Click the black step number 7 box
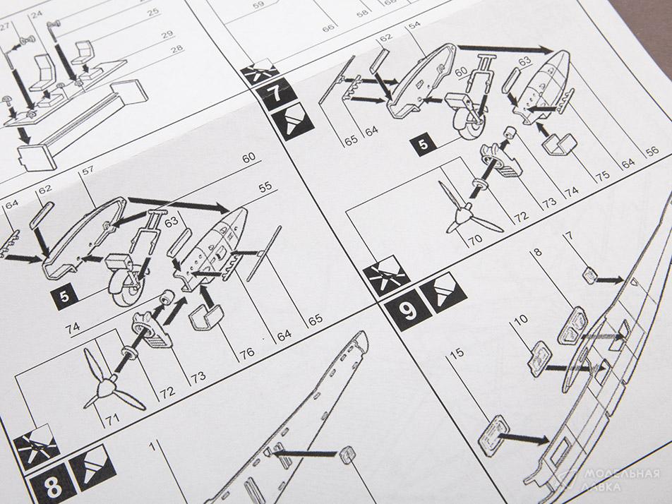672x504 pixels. (x=277, y=95)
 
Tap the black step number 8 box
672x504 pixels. (x=52, y=486)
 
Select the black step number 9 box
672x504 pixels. (x=407, y=309)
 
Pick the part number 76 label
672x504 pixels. (x=247, y=354)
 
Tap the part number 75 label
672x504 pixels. (x=604, y=176)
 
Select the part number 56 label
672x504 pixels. (x=652, y=151)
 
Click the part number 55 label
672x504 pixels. (x=265, y=186)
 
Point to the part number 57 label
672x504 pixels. (x=88, y=171)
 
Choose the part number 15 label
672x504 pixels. (x=457, y=353)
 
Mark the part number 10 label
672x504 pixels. (x=520, y=320)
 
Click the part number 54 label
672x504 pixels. (x=414, y=25)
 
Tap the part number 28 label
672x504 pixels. (x=176, y=49)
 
